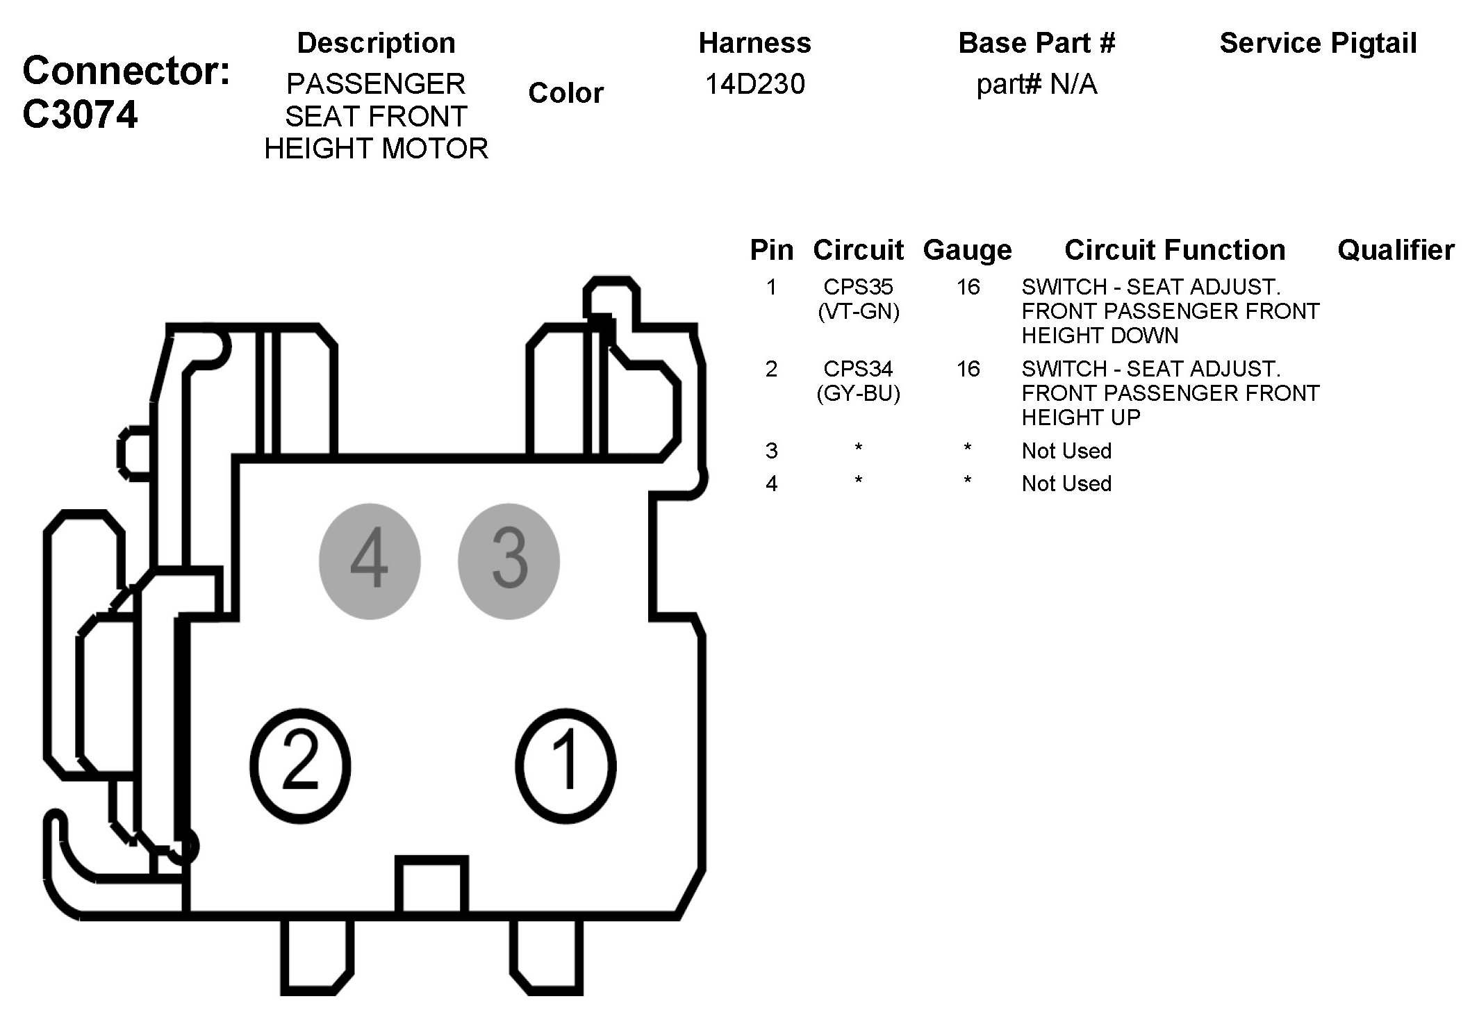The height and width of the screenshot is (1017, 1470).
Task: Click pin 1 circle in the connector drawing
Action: (x=565, y=766)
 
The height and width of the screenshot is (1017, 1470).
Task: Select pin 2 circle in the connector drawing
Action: (x=300, y=766)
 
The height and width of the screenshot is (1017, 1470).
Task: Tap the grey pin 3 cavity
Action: (x=509, y=561)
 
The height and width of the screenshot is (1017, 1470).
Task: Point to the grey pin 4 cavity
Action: (x=370, y=561)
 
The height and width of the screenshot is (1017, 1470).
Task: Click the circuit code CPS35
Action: (x=858, y=287)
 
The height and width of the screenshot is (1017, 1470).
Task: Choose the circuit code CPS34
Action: (x=858, y=369)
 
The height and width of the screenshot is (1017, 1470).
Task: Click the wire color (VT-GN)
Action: (x=859, y=312)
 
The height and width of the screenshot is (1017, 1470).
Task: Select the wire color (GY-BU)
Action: (x=859, y=394)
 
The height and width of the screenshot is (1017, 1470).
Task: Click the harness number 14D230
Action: (x=755, y=84)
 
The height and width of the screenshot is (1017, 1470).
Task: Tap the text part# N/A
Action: (x=1037, y=85)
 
